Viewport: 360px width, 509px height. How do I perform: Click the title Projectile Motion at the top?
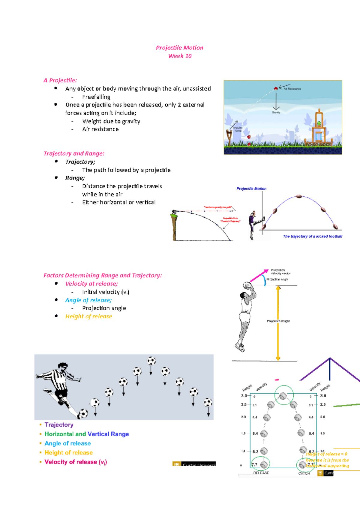coord(179,48)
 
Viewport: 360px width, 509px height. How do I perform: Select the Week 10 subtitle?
coord(180,56)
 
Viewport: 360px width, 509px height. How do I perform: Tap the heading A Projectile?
coord(60,80)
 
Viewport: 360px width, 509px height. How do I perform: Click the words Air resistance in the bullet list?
coord(100,129)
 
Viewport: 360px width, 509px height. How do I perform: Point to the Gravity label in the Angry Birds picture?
coord(276,112)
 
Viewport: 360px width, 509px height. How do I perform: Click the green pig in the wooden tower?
coord(319,123)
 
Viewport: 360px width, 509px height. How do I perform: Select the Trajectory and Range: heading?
coord(74,153)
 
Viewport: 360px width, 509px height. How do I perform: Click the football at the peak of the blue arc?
coord(299,196)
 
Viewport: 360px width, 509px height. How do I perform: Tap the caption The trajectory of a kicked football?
coord(312,237)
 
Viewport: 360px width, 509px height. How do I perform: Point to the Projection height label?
coord(278,321)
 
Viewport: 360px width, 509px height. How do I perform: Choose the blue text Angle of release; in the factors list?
coord(88,300)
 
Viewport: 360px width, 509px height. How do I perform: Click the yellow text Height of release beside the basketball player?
coord(88,316)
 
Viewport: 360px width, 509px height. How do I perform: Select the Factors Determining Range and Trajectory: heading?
coord(103,275)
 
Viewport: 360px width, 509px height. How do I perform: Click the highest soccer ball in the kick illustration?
coord(151,361)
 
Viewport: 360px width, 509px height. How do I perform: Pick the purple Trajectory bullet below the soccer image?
coord(59,425)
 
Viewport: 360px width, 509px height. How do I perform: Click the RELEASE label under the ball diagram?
coord(261,473)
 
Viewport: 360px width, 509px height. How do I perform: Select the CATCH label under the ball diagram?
coord(304,473)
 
